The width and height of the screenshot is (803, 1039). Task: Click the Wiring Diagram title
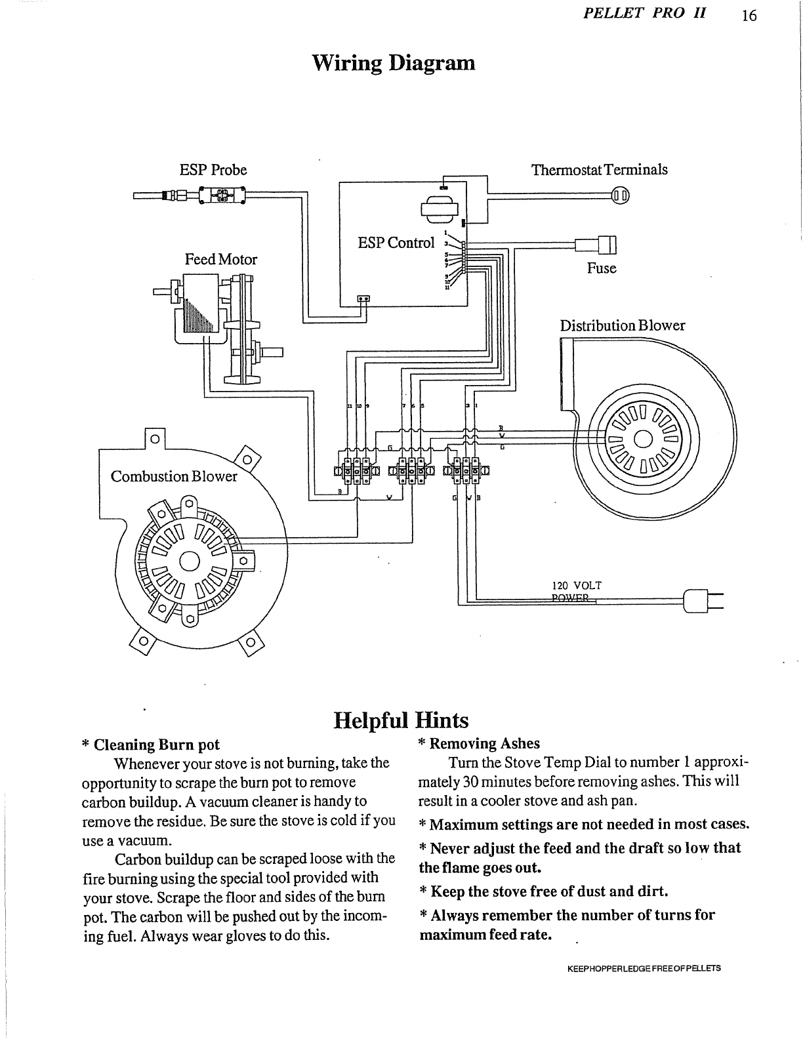point(392,64)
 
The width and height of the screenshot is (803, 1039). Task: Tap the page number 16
point(749,16)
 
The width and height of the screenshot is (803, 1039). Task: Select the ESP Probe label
point(213,170)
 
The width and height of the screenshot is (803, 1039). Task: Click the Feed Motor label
point(221,259)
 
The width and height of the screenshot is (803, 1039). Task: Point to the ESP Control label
point(396,243)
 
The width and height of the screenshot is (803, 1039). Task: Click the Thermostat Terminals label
point(599,170)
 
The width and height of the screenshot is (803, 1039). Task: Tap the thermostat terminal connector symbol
point(620,195)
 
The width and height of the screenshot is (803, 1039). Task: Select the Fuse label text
point(602,268)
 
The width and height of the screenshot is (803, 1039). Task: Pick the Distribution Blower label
point(622,325)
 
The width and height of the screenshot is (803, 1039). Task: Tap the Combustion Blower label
point(174,476)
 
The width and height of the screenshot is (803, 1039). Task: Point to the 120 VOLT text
point(577,585)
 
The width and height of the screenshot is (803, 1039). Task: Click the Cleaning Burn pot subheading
point(151,744)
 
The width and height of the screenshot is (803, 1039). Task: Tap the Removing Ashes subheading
point(479,743)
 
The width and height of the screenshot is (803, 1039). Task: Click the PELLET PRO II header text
point(644,14)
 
